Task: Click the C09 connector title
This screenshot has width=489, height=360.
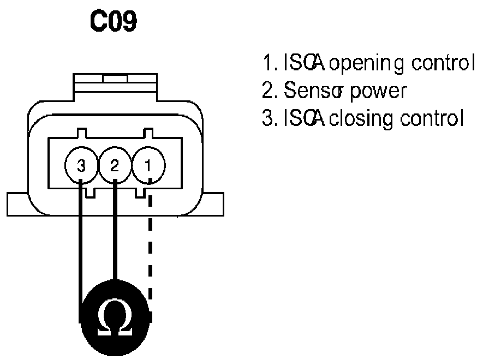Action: [x=114, y=22]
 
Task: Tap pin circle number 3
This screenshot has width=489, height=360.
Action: [x=81, y=166]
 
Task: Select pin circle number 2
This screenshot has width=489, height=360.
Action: [x=115, y=166]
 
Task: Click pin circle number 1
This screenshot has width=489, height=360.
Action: [x=148, y=166]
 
